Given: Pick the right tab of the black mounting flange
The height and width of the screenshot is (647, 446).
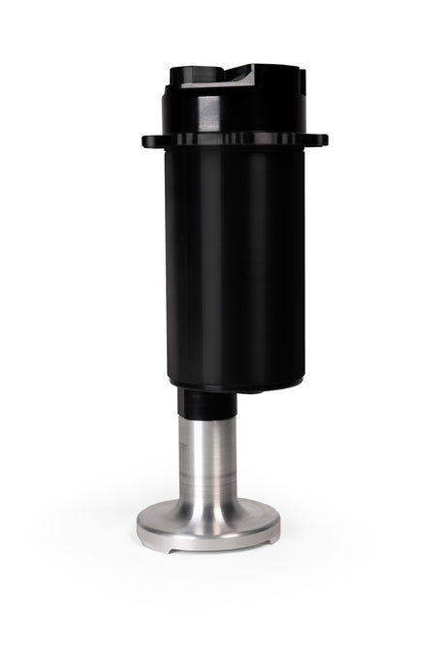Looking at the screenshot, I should (319, 139).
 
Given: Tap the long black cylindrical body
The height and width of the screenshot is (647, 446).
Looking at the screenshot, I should (234, 262).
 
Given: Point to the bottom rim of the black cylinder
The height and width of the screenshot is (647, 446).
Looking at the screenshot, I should (234, 385).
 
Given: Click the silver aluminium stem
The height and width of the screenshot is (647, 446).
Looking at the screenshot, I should (208, 455).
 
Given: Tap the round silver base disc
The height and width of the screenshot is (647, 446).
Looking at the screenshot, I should (208, 528).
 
